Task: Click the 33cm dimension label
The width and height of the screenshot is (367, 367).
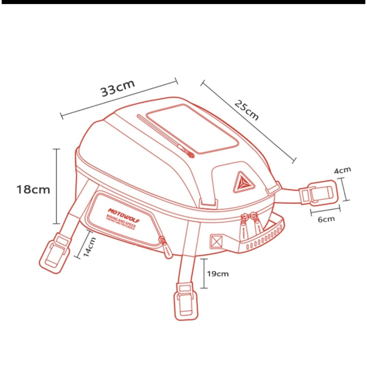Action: coord(118,88)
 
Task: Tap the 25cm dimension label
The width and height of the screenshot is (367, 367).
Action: coord(247,110)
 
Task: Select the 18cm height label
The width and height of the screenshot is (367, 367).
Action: coord(33,189)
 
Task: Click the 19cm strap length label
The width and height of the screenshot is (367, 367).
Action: coord(218,274)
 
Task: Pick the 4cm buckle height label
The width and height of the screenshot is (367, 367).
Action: coord(343,171)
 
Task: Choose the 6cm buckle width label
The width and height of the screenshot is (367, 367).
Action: coord(326,219)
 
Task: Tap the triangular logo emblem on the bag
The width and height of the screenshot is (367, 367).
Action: coord(244,181)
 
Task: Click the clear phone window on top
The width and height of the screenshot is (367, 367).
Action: coord(193,128)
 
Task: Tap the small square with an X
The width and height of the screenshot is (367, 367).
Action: coord(216,241)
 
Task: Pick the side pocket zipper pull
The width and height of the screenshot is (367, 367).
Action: coord(167,248)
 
